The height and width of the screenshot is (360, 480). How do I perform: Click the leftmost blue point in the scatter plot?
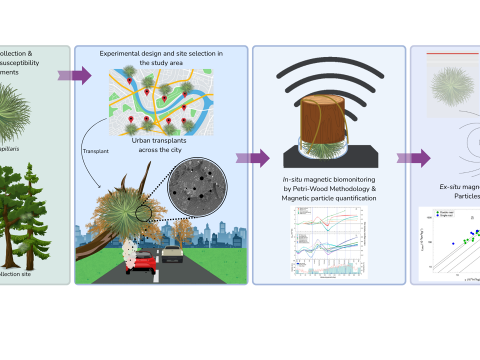(453, 243)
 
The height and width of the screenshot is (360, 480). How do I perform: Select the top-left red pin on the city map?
(129, 80)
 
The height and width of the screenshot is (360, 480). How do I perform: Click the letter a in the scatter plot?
(471, 217)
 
